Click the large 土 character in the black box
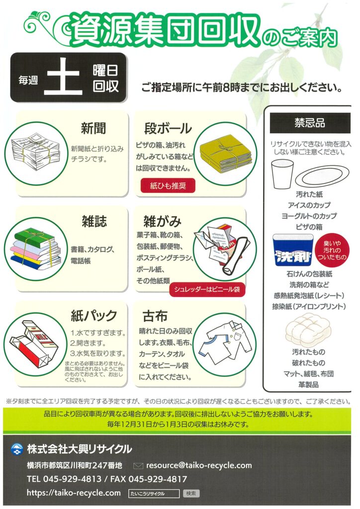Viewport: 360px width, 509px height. [x=63, y=77]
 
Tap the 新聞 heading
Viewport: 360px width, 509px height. [x=93, y=128]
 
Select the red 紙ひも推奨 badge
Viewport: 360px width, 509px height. [x=168, y=186]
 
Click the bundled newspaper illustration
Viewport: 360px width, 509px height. [x=35, y=152]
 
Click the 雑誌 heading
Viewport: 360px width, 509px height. [x=94, y=221]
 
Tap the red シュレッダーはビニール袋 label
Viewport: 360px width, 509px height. [x=207, y=289]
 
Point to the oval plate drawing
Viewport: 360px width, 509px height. [x=321, y=177]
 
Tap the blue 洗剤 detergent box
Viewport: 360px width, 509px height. [x=292, y=251]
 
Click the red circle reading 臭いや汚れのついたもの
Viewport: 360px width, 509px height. [x=332, y=251]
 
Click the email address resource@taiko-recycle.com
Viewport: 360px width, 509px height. [x=199, y=465]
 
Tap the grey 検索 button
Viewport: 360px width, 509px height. [x=191, y=494]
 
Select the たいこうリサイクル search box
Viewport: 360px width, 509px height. [x=154, y=494]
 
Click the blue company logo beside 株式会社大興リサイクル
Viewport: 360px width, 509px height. [x=17, y=449]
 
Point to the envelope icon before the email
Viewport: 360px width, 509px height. [x=138, y=466]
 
